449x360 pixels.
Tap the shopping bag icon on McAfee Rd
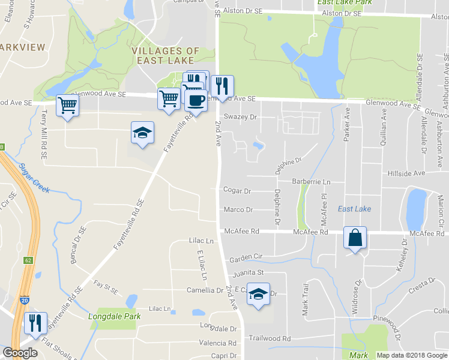(355, 238)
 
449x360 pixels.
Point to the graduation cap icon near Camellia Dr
(259, 294)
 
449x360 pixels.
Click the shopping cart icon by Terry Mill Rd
(67, 106)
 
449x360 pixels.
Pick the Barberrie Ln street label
(312, 182)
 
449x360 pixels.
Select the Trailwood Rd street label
(270, 338)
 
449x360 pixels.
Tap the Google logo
(20, 353)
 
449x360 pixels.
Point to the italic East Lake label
(354, 209)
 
